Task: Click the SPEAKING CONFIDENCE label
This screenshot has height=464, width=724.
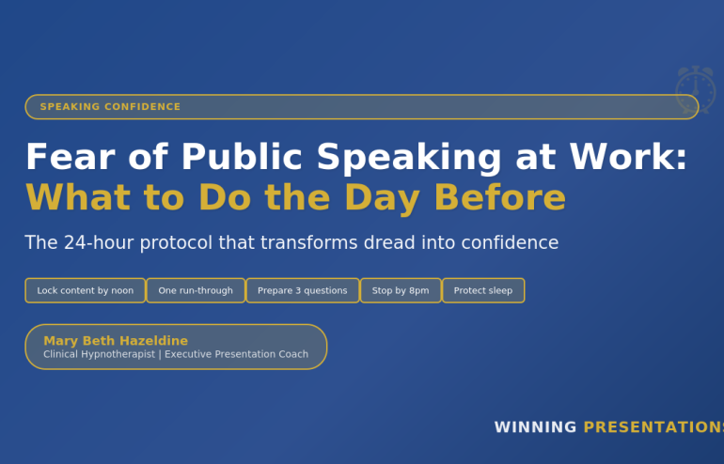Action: [110, 107]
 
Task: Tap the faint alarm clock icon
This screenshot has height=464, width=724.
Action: [696, 90]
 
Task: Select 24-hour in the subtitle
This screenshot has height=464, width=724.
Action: [100, 243]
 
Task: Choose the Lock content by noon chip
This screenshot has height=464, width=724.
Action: [86, 290]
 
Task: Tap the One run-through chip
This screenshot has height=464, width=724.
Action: [196, 290]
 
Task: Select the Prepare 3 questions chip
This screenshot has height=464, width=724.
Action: [303, 290]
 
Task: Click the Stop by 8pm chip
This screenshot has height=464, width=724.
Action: [401, 290]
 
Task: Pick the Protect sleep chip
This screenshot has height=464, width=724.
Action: [483, 290]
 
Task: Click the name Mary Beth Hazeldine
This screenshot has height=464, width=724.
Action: [116, 340]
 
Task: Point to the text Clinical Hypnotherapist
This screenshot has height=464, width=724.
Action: [99, 354]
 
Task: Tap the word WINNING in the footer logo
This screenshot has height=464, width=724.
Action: [535, 427]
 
